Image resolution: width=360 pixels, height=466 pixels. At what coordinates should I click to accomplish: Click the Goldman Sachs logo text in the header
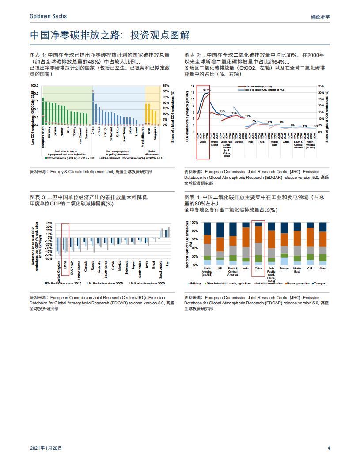(x=48, y=16)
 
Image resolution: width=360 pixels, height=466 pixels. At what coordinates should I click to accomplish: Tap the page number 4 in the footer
(x=329, y=448)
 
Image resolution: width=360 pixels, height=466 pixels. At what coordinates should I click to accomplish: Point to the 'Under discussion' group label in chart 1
(x=155, y=152)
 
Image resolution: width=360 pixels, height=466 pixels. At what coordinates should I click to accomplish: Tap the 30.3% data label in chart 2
(x=206, y=90)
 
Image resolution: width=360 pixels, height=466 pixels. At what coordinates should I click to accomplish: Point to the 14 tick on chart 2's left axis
(x=193, y=86)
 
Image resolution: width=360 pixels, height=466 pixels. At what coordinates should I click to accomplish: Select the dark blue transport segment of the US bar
(x=220, y=229)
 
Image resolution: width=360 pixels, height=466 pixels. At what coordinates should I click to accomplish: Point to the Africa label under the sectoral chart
(x=323, y=268)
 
